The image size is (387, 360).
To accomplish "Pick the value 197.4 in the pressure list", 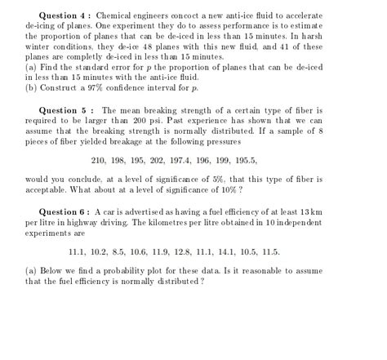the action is [206, 160].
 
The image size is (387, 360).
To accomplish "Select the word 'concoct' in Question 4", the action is [194, 16].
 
